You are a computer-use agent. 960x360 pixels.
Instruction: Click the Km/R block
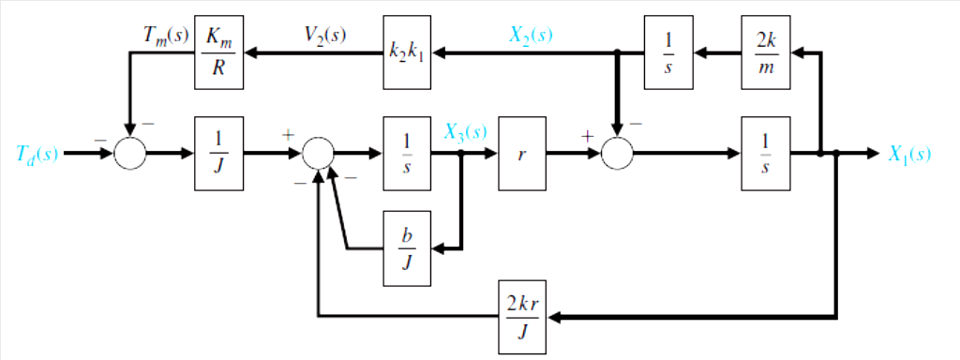click(x=218, y=53)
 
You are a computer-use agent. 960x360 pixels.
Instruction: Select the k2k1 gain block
click(x=407, y=53)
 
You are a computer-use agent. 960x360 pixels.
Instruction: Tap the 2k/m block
click(x=765, y=53)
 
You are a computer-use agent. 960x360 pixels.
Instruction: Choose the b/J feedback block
click(x=407, y=248)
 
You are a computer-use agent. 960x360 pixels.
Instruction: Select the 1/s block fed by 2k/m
click(x=667, y=53)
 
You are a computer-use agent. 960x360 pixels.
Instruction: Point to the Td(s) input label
click(x=37, y=154)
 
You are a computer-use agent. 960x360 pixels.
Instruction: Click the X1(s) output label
click(x=909, y=154)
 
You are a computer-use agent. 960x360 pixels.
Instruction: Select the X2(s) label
click(x=531, y=36)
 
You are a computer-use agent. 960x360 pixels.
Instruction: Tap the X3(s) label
click(x=465, y=132)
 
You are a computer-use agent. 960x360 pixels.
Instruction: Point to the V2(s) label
click(x=325, y=36)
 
